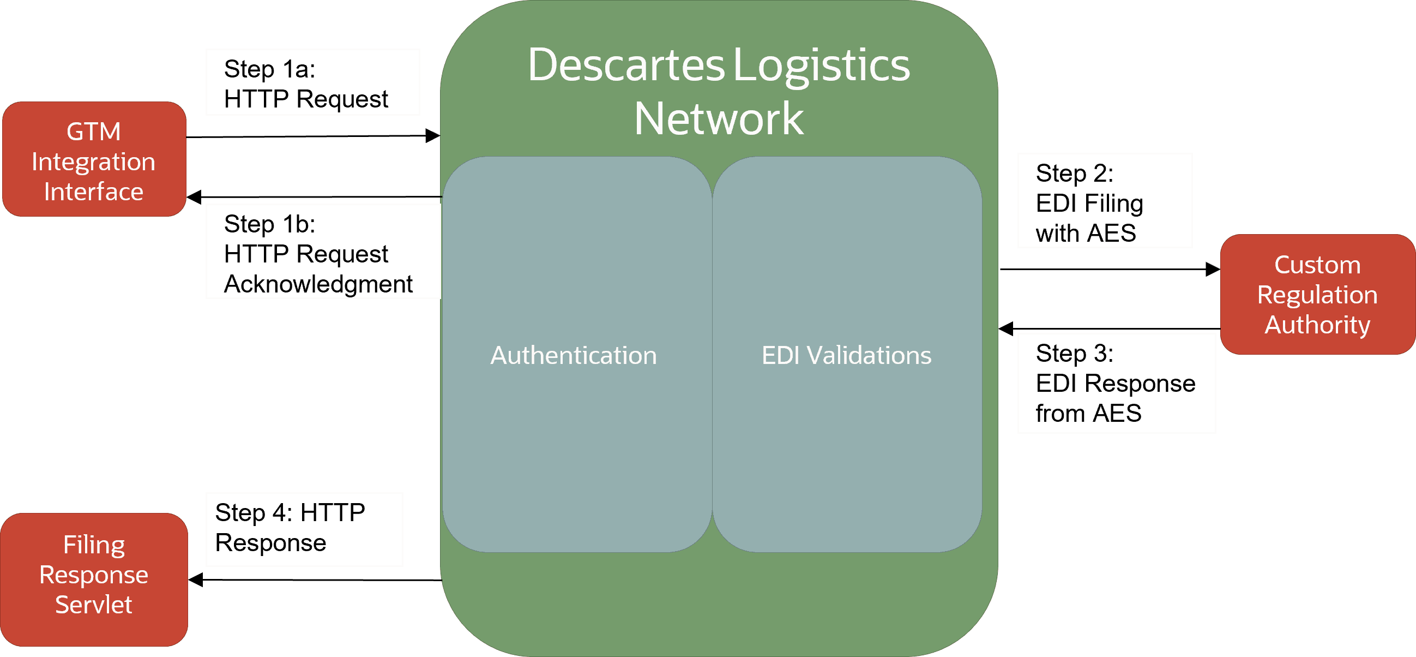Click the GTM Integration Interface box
94,159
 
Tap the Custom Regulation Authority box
1317,294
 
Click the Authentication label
574,355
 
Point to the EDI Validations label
846,355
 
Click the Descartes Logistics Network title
719,91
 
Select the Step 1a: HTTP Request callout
312,82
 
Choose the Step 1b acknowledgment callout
323,252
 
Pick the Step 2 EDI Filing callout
1104,201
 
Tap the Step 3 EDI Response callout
1116,383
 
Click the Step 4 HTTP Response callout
304,529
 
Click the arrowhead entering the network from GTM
433,136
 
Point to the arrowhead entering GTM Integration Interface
194,196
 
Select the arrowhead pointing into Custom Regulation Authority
1213,269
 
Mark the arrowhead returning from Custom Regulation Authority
1006,329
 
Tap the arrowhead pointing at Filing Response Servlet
196,580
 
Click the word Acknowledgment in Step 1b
318,284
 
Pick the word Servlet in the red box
93,605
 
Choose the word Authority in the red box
1317,325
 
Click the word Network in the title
719,119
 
